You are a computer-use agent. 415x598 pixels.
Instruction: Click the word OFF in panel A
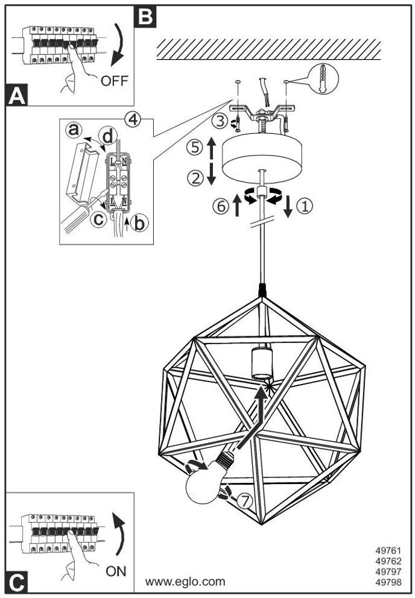click(x=115, y=80)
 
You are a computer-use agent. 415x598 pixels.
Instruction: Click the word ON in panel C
click(x=116, y=571)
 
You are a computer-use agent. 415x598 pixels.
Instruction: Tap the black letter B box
click(x=145, y=16)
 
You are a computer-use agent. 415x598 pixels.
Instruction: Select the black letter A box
click(x=17, y=95)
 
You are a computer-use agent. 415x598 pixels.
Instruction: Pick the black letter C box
click(x=17, y=582)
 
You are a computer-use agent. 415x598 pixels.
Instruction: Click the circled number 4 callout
click(x=132, y=120)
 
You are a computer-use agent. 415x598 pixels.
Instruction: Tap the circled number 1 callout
click(x=305, y=206)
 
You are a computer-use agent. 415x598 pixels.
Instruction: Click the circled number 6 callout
click(x=221, y=206)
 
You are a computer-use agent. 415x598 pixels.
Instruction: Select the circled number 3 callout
click(x=220, y=122)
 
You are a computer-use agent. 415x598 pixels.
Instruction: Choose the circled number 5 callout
click(x=195, y=147)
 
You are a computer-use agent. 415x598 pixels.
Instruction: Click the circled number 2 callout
click(x=195, y=178)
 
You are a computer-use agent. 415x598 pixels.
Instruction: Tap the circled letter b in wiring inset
click(x=139, y=223)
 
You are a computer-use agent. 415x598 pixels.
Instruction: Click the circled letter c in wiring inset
click(x=99, y=219)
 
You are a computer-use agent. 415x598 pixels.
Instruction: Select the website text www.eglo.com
click(x=185, y=582)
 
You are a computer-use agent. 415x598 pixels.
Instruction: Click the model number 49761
click(x=388, y=550)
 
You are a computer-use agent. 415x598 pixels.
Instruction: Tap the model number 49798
click(x=388, y=582)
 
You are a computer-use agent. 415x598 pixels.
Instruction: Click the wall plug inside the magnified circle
click(x=323, y=78)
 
